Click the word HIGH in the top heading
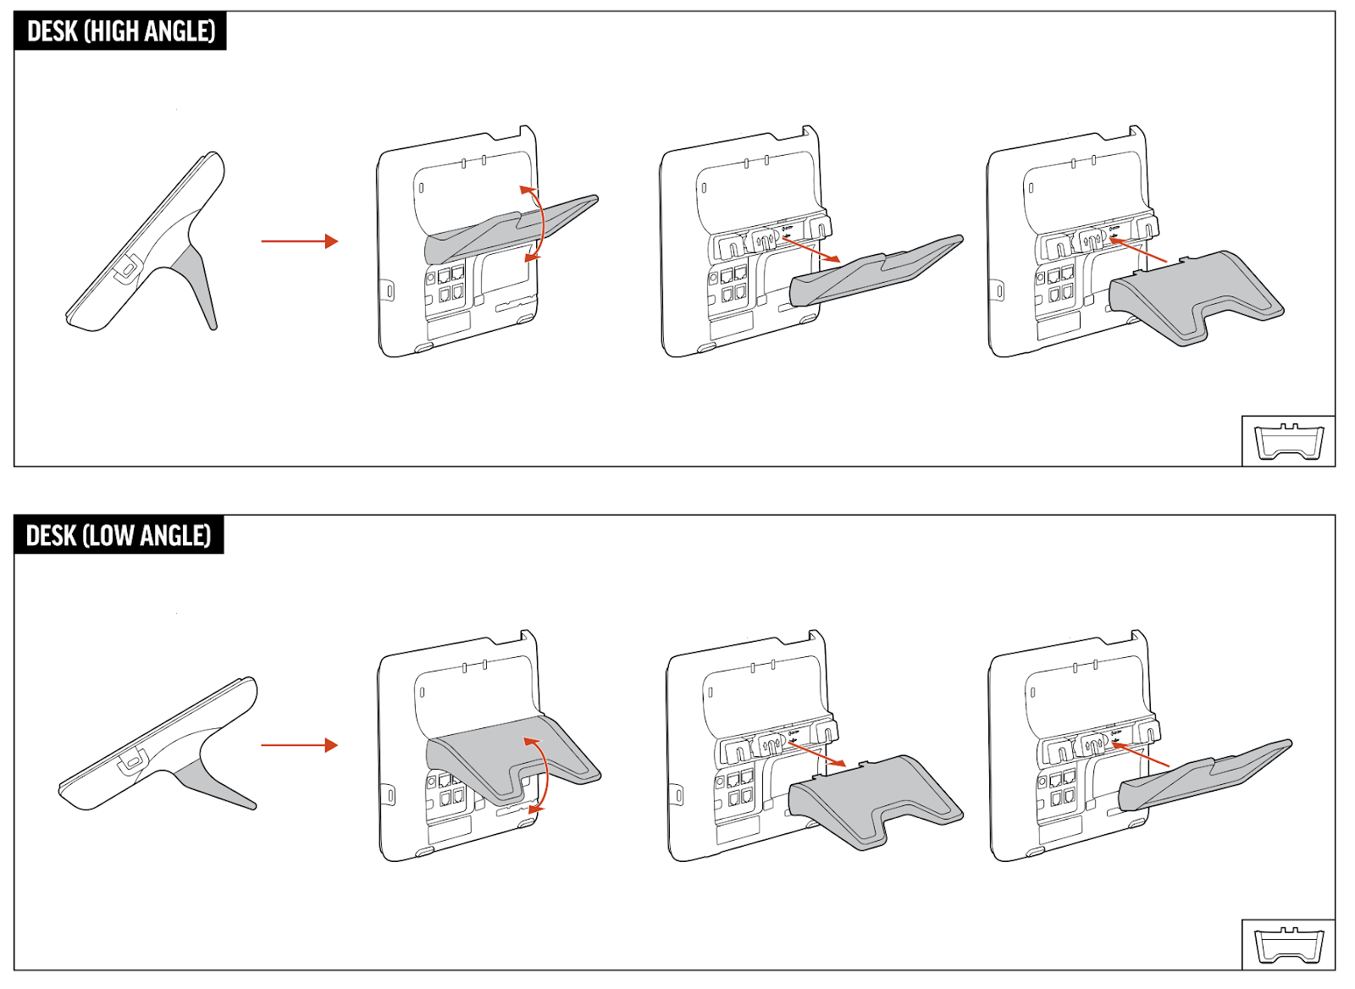(x=112, y=30)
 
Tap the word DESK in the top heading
(x=53, y=30)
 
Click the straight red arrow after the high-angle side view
(x=300, y=241)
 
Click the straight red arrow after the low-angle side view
(x=300, y=745)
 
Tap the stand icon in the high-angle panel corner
(x=1289, y=441)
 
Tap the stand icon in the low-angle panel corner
(x=1289, y=946)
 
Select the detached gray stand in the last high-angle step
(x=1195, y=296)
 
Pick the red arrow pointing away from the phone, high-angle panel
(x=810, y=250)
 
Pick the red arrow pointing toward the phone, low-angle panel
(x=1140, y=755)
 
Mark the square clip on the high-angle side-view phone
(x=127, y=266)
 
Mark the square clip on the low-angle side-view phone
(x=132, y=760)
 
